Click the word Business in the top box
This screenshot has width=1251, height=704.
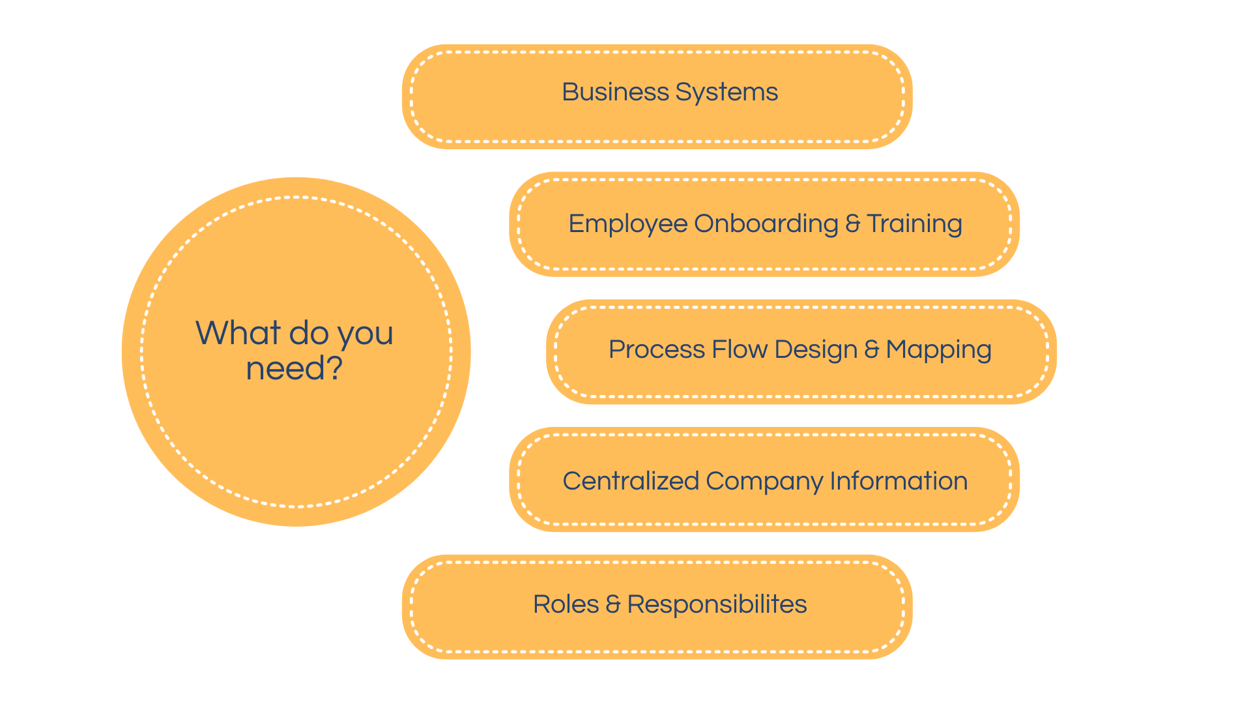pos(615,92)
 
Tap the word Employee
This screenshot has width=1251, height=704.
pos(628,224)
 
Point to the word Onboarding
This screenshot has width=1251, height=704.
pos(766,224)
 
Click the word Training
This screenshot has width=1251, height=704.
pos(914,224)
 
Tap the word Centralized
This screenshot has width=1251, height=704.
pos(630,481)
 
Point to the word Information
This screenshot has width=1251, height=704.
pos(899,481)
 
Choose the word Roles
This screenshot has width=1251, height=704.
pos(566,604)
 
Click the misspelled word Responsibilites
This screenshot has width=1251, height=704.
pos(717,604)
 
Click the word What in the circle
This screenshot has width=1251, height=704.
pos(238,333)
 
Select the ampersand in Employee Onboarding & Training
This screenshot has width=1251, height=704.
pos(852,224)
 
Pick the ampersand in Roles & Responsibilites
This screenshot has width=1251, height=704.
pos(612,604)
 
